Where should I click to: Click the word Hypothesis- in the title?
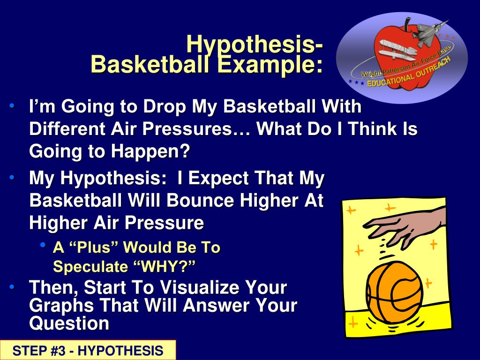(255, 45)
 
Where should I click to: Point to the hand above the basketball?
(404, 227)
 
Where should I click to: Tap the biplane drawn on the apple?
(397, 50)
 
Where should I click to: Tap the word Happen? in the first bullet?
(150, 151)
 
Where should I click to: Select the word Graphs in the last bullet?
(61, 306)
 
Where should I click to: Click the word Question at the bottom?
(69, 323)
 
